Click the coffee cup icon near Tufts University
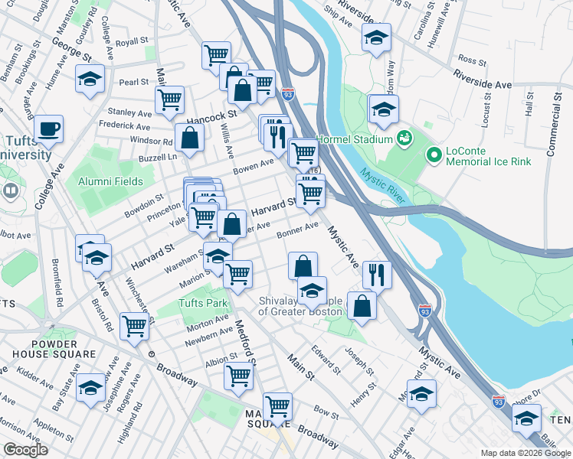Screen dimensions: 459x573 pyautogui.click(x=49, y=129)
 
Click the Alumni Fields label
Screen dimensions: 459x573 pyautogui.click(x=110, y=181)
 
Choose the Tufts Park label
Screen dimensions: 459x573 pyautogui.click(x=203, y=303)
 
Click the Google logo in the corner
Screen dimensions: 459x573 pyautogui.click(x=26, y=450)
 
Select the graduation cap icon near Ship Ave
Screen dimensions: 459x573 pyautogui.click(x=376, y=37)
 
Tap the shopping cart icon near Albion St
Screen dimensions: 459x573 pyautogui.click(x=238, y=376)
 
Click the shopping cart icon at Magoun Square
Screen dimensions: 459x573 pyautogui.click(x=277, y=406)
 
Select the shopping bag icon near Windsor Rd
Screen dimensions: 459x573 pyautogui.click(x=189, y=138)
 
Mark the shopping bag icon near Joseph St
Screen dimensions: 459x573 pyautogui.click(x=362, y=305)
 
